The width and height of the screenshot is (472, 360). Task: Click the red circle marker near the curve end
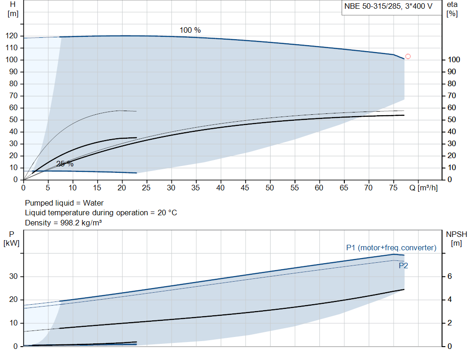tap(408, 56)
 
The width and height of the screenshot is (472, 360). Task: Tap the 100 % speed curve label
tap(190, 30)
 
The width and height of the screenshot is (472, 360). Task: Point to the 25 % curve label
tap(65, 164)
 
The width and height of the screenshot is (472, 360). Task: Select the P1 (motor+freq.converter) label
tap(391, 248)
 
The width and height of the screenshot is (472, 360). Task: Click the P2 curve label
tap(403, 266)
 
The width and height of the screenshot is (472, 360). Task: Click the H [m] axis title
tap(13, 9)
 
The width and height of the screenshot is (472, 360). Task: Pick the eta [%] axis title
tap(452, 9)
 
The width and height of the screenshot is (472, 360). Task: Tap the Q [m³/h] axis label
tap(424, 188)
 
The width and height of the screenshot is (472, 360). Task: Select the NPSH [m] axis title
tap(456, 238)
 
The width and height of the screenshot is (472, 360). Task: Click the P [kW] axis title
tap(12, 238)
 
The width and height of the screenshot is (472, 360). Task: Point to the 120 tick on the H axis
tap(12, 36)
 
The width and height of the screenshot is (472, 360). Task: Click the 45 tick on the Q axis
tap(245, 188)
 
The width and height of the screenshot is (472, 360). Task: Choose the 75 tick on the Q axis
tap(393, 188)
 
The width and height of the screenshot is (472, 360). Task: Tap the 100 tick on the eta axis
tap(454, 59)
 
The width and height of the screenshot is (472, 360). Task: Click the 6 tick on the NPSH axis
tap(449, 276)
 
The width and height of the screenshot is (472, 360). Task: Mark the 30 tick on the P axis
tap(13, 276)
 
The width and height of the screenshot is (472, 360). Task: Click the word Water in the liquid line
tap(93, 203)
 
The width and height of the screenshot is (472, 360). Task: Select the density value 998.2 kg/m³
tap(81, 223)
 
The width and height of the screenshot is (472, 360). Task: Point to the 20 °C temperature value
tap(167, 213)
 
